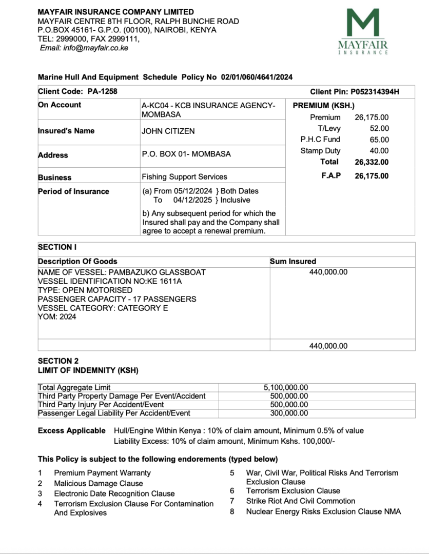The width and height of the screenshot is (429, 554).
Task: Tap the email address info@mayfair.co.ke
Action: (x=96, y=48)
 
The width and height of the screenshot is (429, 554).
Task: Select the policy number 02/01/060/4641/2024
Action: (x=257, y=77)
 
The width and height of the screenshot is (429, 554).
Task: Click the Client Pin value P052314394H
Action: (x=375, y=92)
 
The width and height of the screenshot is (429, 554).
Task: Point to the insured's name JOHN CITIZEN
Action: (x=168, y=131)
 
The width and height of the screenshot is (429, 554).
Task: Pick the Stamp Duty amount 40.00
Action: (x=379, y=151)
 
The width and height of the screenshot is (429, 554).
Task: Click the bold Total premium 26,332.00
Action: (x=372, y=162)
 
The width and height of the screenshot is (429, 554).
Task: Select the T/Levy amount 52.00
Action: (x=379, y=128)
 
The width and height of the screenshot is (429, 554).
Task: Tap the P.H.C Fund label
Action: (x=320, y=140)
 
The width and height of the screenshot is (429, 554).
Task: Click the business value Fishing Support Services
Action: (x=184, y=177)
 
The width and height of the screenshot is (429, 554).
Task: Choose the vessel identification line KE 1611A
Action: (x=110, y=281)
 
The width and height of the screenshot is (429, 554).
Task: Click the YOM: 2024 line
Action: (x=57, y=317)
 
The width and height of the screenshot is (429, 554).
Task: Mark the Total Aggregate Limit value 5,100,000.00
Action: (x=285, y=388)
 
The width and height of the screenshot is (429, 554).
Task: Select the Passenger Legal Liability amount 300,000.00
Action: (x=289, y=413)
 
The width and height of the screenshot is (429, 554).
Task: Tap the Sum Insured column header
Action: (x=293, y=261)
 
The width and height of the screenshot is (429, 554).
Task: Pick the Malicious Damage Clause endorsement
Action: (x=99, y=483)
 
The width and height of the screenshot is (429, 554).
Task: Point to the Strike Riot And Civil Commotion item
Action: (x=300, y=501)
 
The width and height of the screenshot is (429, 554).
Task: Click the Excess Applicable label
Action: (x=72, y=430)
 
